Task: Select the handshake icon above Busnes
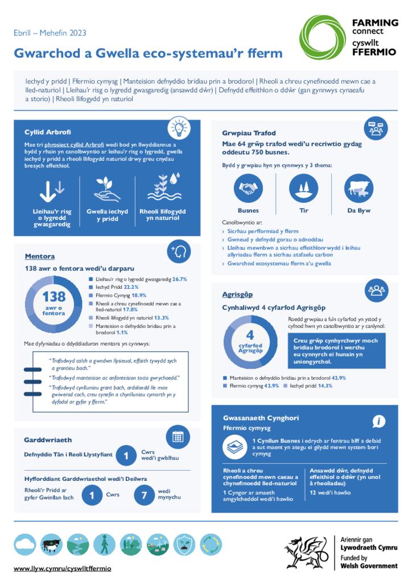[248, 188]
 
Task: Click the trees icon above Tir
[303, 188]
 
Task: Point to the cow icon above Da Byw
[359, 188]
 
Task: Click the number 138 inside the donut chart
[54, 297]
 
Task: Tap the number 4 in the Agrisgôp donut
[249, 334]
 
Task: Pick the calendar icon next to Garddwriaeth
[178, 436]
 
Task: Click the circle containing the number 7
[145, 496]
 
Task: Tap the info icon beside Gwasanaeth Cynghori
[379, 421]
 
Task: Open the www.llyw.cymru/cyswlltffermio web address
[63, 568]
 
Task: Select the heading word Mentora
[40, 256]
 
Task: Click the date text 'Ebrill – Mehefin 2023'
[50, 33]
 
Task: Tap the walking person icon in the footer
[104, 544]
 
